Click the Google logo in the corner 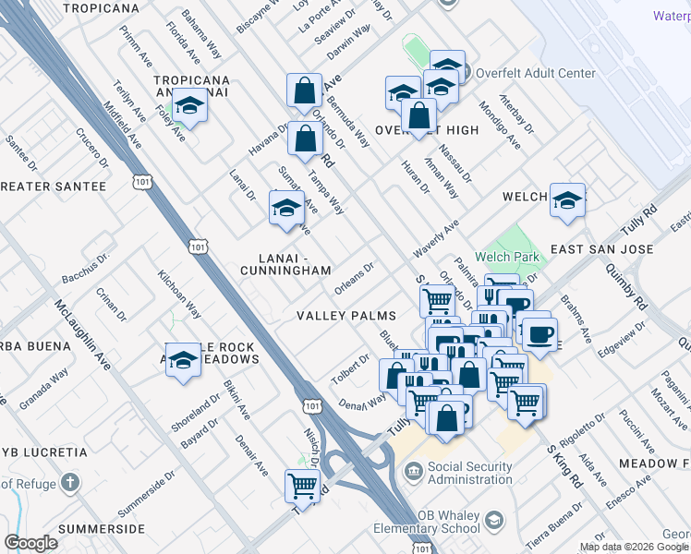click(30, 543)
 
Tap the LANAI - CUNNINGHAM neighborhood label click(285, 263)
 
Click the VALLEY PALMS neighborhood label click(346, 316)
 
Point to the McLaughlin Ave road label click(82, 336)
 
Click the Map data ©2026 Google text click(634, 548)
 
